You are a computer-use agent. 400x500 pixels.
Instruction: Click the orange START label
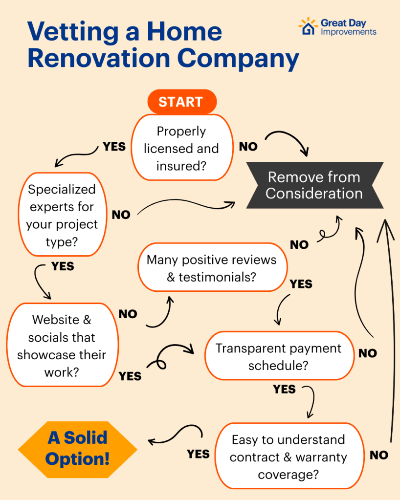(x=180, y=102)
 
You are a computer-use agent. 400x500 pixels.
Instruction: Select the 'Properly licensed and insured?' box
(x=181, y=148)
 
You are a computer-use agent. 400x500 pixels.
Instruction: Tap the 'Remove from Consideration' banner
(x=314, y=185)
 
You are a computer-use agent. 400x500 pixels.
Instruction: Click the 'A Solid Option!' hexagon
(x=78, y=448)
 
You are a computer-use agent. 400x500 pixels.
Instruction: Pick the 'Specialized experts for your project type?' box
(x=62, y=215)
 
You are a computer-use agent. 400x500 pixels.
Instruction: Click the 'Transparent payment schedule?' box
(x=278, y=357)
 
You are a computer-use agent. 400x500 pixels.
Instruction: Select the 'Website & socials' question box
(x=62, y=346)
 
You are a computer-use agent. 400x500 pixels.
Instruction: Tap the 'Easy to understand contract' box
(x=289, y=457)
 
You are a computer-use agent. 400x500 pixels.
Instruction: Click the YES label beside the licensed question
(x=114, y=147)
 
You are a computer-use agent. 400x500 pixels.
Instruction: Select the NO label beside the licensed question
(x=248, y=147)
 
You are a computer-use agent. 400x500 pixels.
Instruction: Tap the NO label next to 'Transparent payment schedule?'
(x=368, y=353)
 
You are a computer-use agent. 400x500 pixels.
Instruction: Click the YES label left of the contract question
(x=198, y=454)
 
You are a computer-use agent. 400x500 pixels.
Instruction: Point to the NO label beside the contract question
(x=379, y=455)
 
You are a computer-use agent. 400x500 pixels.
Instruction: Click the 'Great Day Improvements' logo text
(x=348, y=27)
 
